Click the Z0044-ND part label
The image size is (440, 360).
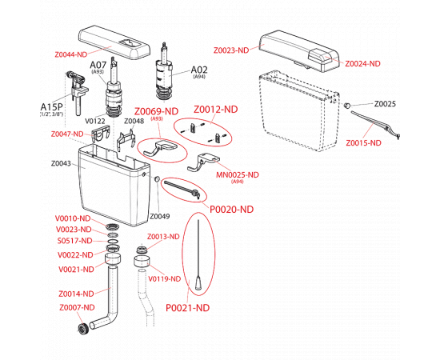[71, 54]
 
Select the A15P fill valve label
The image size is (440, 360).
[52, 107]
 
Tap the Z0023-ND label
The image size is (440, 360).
[231, 50]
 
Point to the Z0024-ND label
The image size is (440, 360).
[362, 64]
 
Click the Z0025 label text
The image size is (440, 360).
[385, 104]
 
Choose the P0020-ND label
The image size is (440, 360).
[232, 210]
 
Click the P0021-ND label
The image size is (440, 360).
[188, 308]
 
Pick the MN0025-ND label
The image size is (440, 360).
[238, 175]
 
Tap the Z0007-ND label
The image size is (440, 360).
[77, 307]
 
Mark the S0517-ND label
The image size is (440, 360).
[75, 241]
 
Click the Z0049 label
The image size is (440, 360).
[160, 216]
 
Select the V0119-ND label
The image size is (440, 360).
[165, 279]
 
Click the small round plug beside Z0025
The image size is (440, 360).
[347, 106]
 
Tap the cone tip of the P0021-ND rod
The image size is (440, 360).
[198, 283]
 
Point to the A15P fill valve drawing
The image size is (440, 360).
[77, 93]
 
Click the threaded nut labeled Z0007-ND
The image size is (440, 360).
[82, 328]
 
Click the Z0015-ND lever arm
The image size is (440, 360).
[375, 124]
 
